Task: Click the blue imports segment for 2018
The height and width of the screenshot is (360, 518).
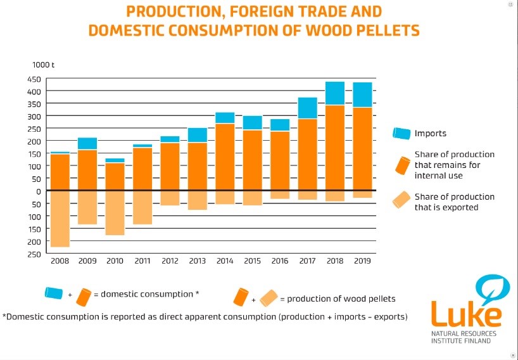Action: (335, 93)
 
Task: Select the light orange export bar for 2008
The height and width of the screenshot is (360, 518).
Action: (60, 219)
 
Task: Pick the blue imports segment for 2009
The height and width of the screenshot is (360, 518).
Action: (87, 143)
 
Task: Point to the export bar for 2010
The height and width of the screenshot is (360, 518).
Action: (115, 213)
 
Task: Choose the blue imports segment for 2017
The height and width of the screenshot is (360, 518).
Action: (308, 108)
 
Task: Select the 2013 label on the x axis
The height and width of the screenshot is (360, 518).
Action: (197, 260)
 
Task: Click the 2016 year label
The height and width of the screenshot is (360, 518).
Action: (280, 260)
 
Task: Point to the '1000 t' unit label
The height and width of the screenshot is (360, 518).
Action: (44, 65)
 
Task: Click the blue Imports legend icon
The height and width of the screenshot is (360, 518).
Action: (401, 133)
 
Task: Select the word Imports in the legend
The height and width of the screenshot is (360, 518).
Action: (431, 134)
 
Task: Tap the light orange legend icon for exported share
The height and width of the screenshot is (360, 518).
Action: (401, 201)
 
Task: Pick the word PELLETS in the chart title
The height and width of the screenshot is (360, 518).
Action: (387, 30)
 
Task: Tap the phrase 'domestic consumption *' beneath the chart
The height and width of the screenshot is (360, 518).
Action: (150, 294)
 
